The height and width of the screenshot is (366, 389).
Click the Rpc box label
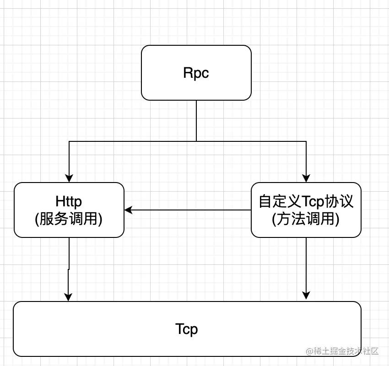(x=196, y=73)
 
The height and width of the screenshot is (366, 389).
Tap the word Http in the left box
(x=69, y=201)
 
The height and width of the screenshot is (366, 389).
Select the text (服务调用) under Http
(x=69, y=219)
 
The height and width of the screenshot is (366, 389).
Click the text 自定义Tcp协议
(x=306, y=201)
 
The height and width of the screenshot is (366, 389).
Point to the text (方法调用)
(x=306, y=219)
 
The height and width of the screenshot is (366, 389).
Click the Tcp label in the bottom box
(x=187, y=328)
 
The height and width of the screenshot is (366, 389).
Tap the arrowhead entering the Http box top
(x=69, y=178)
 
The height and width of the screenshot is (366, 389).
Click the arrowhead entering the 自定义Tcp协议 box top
(x=306, y=178)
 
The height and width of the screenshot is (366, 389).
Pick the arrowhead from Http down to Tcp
(x=69, y=297)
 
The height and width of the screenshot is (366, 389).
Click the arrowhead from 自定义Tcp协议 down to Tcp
(x=306, y=296)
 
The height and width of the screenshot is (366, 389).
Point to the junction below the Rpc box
(x=196, y=141)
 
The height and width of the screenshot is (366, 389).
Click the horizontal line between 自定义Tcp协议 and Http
(x=188, y=210)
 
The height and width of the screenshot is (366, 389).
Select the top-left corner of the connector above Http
(x=69, y=141)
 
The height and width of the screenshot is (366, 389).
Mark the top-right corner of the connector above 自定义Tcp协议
(x=306, y=141)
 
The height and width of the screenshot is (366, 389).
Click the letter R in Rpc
(x=188, y=73)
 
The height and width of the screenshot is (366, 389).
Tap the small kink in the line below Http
(x=69, y=269)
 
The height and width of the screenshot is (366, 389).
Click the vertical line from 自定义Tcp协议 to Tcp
(x=306, y=265)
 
